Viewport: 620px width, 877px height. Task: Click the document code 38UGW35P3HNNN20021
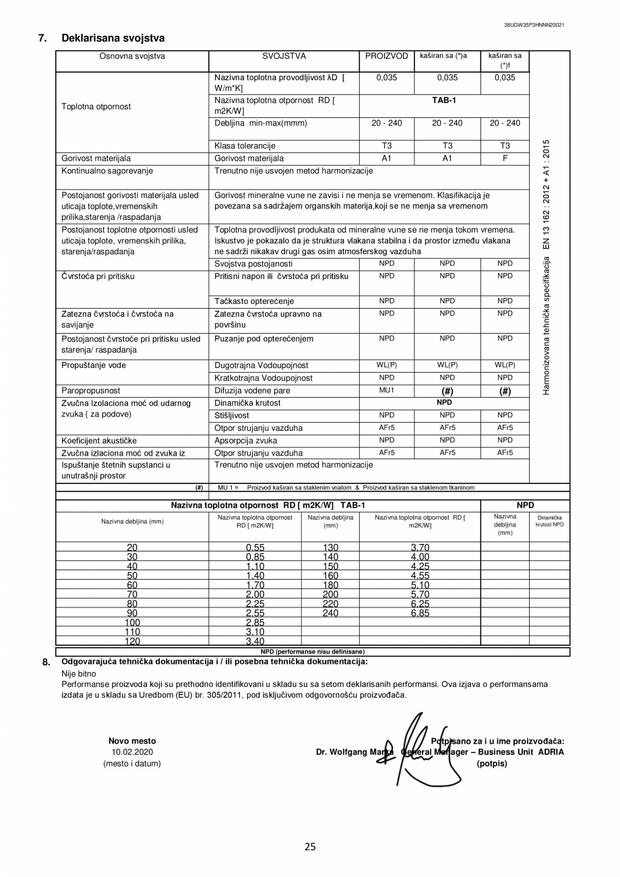point(534,25)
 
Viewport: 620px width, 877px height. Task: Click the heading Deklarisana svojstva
point(113,38)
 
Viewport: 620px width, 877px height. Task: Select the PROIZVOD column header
point(386,57)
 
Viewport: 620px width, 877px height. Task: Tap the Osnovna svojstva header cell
point(132,57)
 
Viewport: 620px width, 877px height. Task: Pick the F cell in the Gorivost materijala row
point(504,159)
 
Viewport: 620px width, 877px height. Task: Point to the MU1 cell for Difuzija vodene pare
point(386,390)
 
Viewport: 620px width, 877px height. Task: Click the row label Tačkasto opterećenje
point(254,301)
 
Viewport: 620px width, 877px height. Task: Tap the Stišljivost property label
point(231,416)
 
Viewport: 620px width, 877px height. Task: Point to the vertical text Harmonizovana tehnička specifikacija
point(547,267)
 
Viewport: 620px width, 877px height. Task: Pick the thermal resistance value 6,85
point(420,613)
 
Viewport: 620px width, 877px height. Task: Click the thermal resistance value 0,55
point(255,547)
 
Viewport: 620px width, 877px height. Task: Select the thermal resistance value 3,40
point(255,642)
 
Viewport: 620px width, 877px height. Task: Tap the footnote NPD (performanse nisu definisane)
point(312,652)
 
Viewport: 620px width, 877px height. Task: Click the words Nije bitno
point(79,673)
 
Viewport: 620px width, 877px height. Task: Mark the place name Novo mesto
point(132,741)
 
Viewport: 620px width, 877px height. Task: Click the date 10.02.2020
point(132,752)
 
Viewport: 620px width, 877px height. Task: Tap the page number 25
point(310,847)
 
